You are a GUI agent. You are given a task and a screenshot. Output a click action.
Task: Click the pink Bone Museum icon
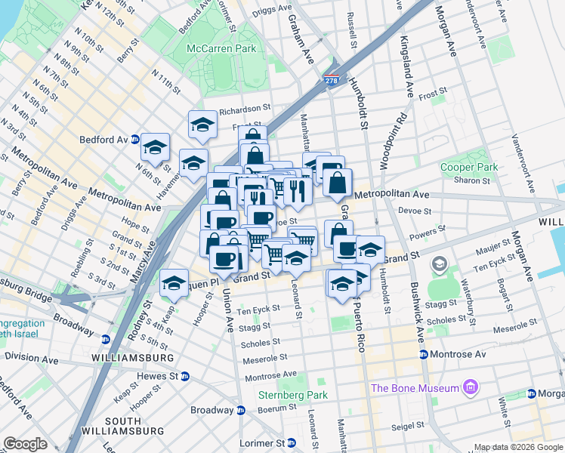click(x=472, y=388)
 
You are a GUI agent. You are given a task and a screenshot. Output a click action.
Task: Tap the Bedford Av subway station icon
click(x=134, y=140)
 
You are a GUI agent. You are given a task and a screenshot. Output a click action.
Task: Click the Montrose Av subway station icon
click(x=424, y=354)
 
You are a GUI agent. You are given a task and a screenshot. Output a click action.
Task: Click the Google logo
click(x=25, y=444)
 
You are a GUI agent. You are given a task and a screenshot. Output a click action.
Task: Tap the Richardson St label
click(x=244, y=109)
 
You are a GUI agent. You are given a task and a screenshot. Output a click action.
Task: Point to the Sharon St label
click(x=471, y=181)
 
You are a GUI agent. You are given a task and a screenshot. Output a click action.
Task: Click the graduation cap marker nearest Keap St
click(x=174, y=284)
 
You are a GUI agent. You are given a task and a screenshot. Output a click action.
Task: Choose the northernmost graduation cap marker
click(x=202, y=124)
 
